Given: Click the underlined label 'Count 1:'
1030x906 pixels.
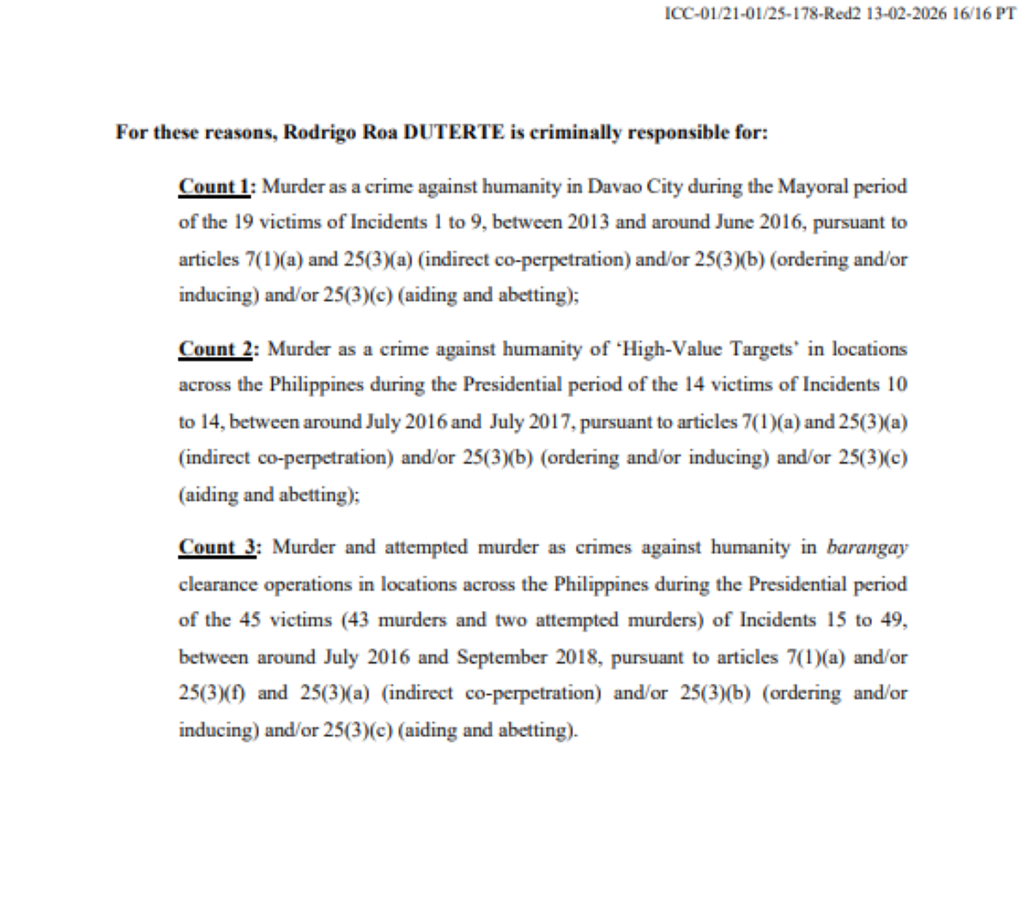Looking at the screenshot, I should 216,186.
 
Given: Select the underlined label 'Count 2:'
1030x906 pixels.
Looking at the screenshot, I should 218,349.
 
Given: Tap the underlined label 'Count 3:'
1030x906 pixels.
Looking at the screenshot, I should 218,547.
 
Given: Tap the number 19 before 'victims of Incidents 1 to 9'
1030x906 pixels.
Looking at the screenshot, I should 244,222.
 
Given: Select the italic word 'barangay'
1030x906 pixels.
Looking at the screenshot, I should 867,547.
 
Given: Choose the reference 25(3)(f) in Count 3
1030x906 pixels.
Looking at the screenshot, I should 214,693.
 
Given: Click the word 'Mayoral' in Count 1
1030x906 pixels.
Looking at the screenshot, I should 810,186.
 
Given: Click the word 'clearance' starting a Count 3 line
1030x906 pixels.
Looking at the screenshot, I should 219,584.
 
